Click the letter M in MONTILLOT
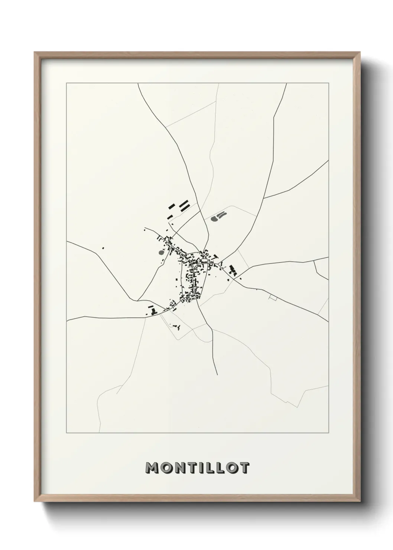pyautogui.click(x=153, y=468)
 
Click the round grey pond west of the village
pyautogui.click(x=161, y=253)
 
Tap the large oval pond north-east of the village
pyautogui.click(x=214, y=219)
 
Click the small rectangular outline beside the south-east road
pyautogui.click(x=273, y=297)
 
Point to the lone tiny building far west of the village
pyautogui.click(x=103, y=248)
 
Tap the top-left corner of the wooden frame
pyautogui.click(x=35, y=52)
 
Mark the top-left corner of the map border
pyautogui.click(x=66, y=84)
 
